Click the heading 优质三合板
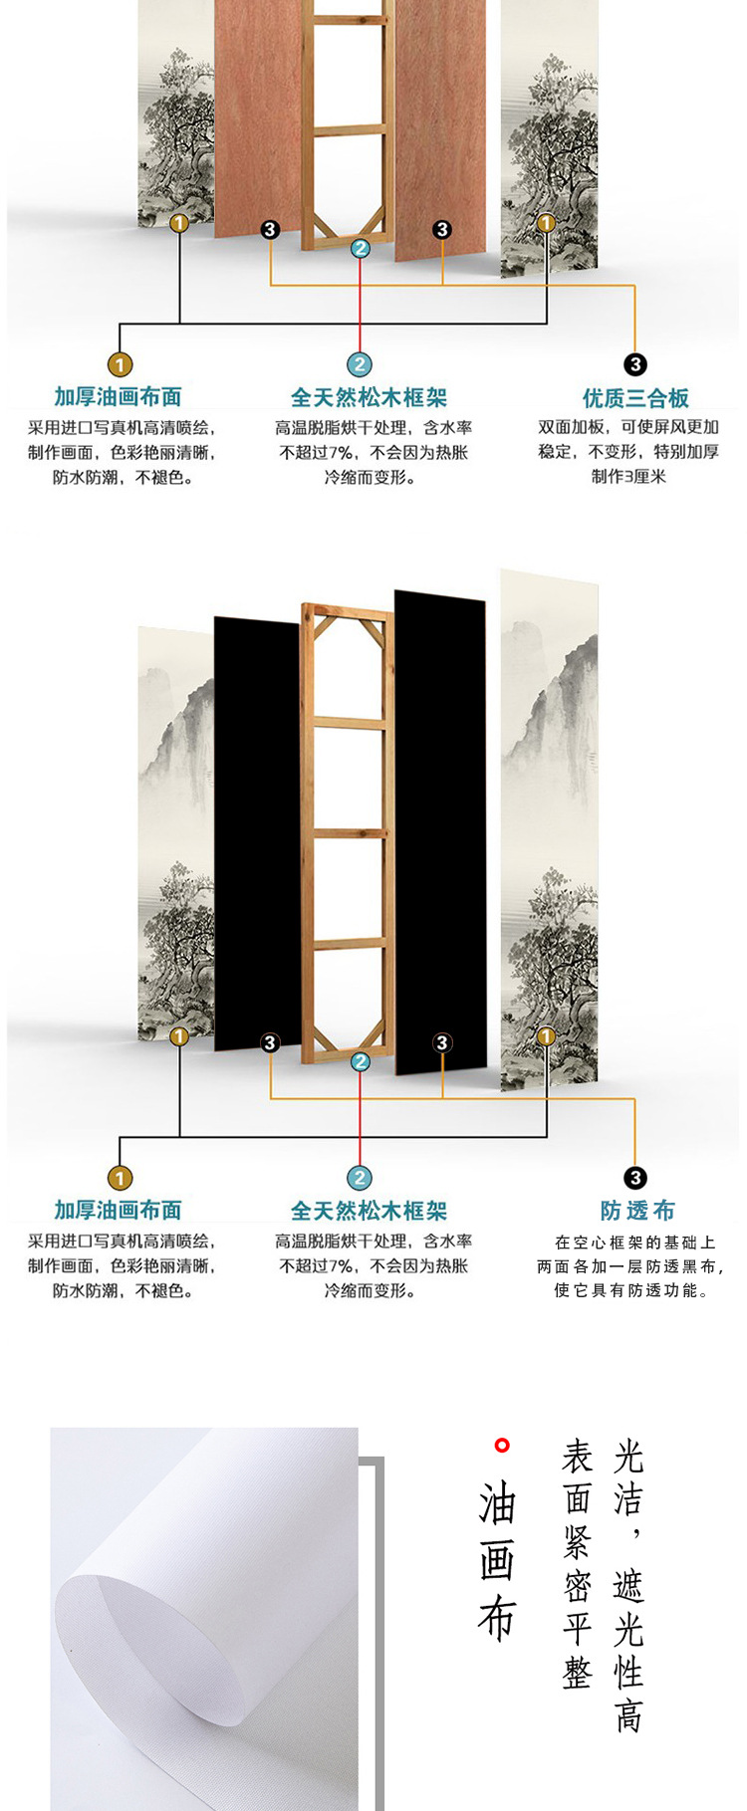(635, 398)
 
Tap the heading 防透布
(637, 1211)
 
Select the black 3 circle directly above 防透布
(634, 1179)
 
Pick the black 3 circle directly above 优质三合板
(634, 365)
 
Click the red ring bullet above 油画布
(502, 1445)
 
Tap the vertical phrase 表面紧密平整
(578, 1564)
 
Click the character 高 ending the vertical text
(628, 1715)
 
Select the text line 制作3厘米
(628, 476)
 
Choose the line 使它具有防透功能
(631, 1290)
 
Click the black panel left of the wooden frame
(257, 836)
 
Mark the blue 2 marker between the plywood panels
(361, 249)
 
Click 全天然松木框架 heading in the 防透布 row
(369, 1211)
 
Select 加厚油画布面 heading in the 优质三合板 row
(118, 397)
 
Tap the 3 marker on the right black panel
(442, 1042)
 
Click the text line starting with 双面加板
(628, 427)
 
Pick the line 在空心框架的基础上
(635, 1242)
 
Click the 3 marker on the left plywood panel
(270, 230)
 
